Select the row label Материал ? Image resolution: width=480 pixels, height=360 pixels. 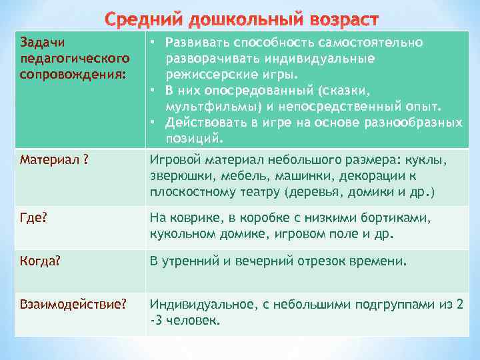click(55, 160)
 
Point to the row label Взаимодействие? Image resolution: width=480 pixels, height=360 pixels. click(73, 304)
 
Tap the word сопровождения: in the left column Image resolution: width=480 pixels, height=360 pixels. click(73, 72)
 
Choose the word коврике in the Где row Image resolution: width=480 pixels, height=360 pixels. click(194, 219)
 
